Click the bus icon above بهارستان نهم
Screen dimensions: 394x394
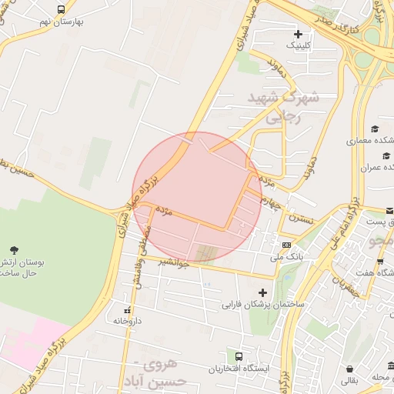click(x=61, y=9)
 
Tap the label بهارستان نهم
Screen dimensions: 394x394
click(x=62, y=22)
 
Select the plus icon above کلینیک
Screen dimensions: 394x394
click(x=298, y=34)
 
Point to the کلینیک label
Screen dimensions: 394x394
click(x=299, y=46)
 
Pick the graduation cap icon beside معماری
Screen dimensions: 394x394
click(x=375, y=129)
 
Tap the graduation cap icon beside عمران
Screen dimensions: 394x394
click(x=375, y=155)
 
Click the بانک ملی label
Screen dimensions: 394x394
click(x=289, y=255)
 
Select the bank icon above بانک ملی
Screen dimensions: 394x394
click(x=286, y=244)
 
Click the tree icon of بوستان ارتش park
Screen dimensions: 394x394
click(x=14, y=249)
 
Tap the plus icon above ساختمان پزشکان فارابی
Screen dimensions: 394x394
click(x=263, y=292)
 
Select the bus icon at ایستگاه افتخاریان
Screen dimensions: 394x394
click(x=239, y=356)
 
